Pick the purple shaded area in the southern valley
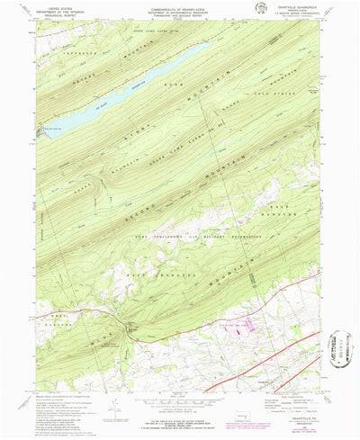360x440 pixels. [x=247, y=333]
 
